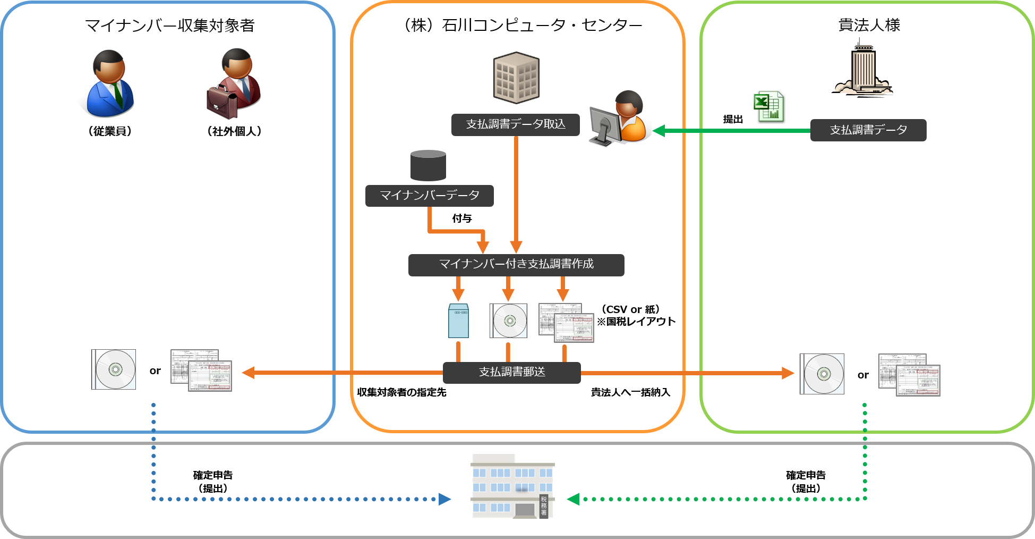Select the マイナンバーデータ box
429,196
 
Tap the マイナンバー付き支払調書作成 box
516,265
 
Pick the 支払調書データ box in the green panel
868,130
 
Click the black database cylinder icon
428,165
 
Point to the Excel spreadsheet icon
769,107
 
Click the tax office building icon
512,486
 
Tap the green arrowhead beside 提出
659,131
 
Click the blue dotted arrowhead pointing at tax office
444,499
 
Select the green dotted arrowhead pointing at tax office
573,499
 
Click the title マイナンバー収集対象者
170,26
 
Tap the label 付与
462,218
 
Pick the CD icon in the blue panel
114,369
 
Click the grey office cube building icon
516,78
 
